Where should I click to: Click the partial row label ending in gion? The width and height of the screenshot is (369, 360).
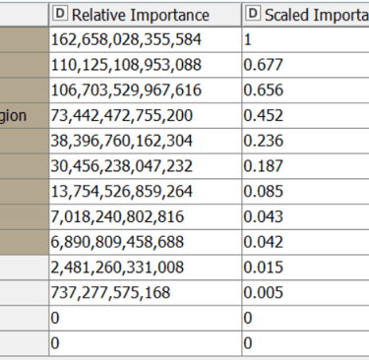(21, 114)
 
